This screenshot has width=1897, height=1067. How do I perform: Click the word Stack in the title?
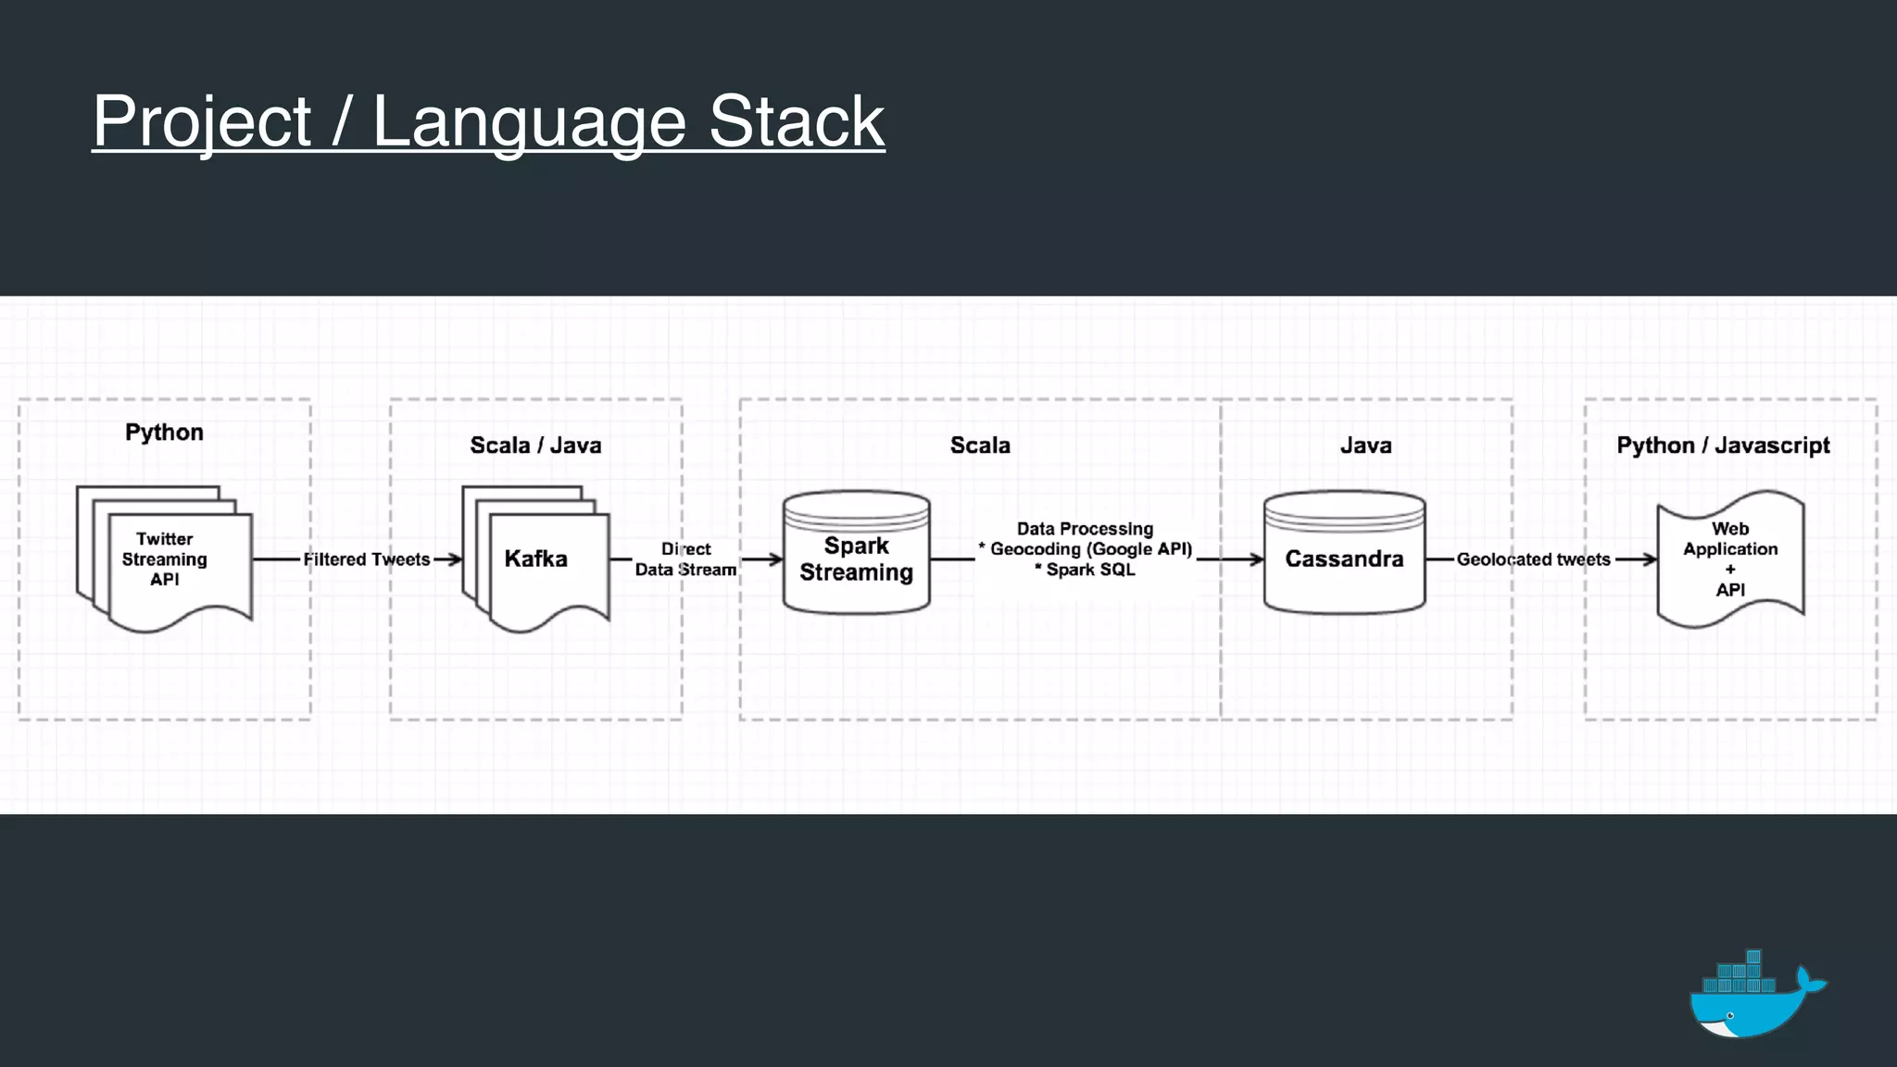(x=797, y=121)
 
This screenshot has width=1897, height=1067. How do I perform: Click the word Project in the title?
(x=202, y=121)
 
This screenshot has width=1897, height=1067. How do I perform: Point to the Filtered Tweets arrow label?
(x=367, y=559)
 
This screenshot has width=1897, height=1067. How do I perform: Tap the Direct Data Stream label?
(x=685, y=559)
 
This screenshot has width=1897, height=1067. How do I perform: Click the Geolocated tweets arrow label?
(x=1533, y=559)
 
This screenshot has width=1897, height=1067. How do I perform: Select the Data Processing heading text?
(x=1085, y=529)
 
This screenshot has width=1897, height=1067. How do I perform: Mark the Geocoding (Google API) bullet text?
(x=1089, y=549)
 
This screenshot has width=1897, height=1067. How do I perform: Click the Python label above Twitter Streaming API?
(x=164, y=433)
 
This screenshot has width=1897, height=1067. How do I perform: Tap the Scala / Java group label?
(x=535, y=446)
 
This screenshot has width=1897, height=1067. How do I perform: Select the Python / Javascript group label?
(x=1723, y=446)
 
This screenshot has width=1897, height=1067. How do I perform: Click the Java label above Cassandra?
(x=1365, y=446)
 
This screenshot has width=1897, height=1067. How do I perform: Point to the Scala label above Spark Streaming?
(x=980, y=446)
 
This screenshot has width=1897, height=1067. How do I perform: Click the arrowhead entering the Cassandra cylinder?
(x=1257, y=559)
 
